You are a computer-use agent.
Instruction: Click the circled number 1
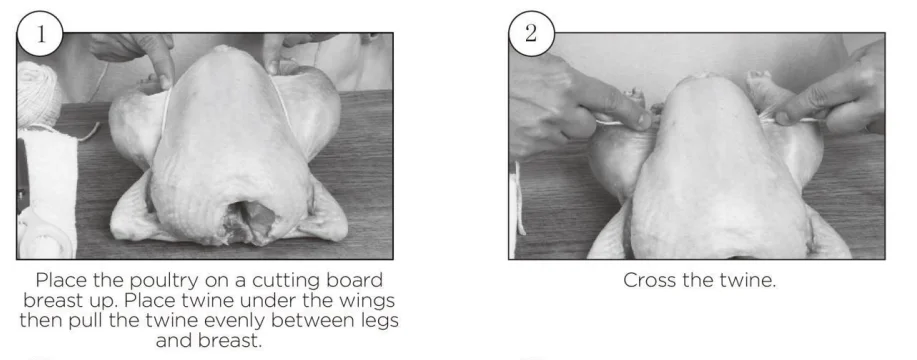click(x=40, y=34)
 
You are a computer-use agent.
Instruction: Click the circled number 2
click(x=531, y=34)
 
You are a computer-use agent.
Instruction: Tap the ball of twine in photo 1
click(x=37, y=94)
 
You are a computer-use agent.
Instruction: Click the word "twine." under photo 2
click(x=749, y=281)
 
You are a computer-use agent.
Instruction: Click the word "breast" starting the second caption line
click(x=51, y=301)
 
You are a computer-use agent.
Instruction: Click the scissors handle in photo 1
click(x=42, y=237)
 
